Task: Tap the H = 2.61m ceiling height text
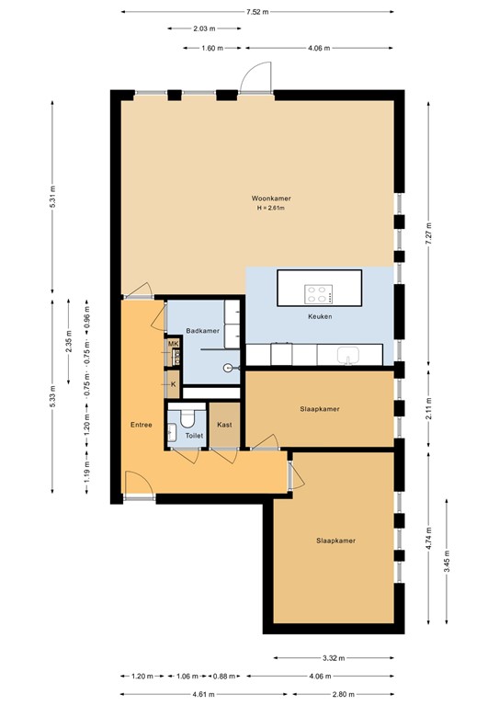pyautogui.click(x=271, y=209)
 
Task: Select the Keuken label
pyautogui.click(x=319, y=316)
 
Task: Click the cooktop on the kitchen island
pyautogui.click(x=319, y=294)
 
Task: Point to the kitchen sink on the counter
pyautogui.click(x=348, y=355)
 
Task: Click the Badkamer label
pyautogui.click(x=201, y=330)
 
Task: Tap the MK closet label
pyautogui.click(x=172, y=344)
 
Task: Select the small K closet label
pyautogui.click(x=172, y=384)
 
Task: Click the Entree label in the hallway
pyautogui.click(x=141, y=425)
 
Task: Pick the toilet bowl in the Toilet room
pyautogui.click(x=191, y=419)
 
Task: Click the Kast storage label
pyautogui.click(x=224, y=425)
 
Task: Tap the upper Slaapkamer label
pyautogui.click(x=320, y=408)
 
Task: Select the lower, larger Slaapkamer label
pyautogui.click(x=335, y=541)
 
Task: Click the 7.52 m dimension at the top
pyautogui.click(x=257, y=12)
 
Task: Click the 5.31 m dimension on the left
pyautogui.click(x=53, y=199)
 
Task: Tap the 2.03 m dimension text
pyautogui.click(x=205, y=29)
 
